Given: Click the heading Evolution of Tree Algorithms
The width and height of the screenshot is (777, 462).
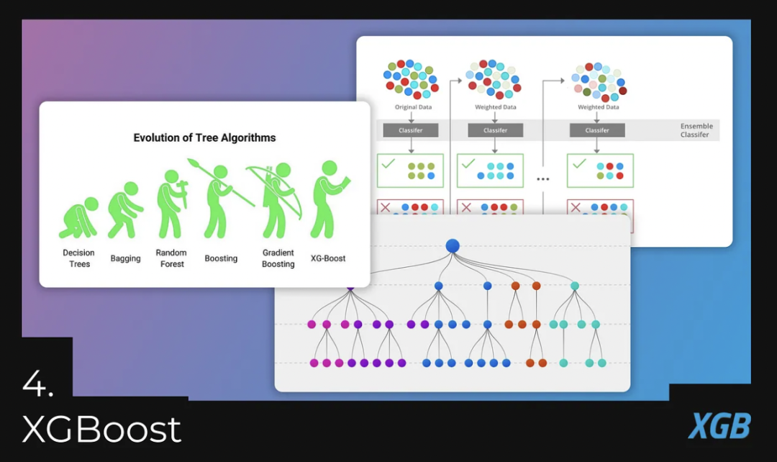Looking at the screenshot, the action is (204, 137).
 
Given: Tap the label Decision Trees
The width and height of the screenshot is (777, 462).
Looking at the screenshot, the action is (79, 258).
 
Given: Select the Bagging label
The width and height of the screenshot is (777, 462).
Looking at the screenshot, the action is (125, 258).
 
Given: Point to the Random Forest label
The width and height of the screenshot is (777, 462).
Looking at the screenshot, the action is (171, 258).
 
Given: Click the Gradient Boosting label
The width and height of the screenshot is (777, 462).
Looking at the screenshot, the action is (278, 258).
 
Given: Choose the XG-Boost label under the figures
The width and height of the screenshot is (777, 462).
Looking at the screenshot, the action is (328, 258).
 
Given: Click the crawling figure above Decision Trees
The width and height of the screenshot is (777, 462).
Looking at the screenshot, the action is (79, 218).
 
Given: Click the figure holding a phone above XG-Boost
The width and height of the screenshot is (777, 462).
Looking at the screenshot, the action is (328, 199).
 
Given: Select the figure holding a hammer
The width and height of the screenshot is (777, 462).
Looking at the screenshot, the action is (171, 203).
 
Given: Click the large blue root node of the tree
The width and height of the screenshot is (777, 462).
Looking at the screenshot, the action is (453, 245).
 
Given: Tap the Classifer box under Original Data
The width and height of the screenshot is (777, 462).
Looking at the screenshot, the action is (411, 130).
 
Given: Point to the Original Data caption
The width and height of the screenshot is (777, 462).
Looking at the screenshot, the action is (413, 107).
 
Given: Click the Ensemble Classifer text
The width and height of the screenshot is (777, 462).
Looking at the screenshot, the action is (696, 130).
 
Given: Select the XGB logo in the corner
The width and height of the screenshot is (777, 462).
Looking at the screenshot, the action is (719, 426).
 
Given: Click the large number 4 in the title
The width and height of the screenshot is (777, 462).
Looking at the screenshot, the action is (37, 386).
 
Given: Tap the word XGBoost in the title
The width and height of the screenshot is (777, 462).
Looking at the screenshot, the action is (102, 430).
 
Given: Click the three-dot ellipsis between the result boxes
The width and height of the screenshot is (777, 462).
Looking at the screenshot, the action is (543, 178).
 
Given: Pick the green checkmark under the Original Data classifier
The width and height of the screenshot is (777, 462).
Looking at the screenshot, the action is (388, 164).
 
